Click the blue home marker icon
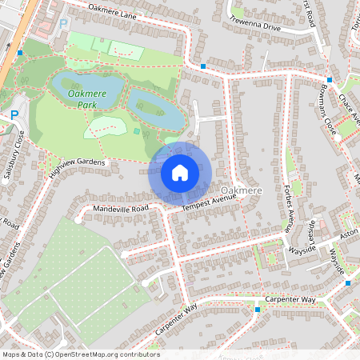180,172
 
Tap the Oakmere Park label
87,99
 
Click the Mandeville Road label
121,208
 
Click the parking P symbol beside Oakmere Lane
63,24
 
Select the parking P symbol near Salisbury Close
14,116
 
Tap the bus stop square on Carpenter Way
257,308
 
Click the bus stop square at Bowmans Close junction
330,80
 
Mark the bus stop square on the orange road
20,53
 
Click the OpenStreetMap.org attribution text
104,354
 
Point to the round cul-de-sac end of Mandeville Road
78,218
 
